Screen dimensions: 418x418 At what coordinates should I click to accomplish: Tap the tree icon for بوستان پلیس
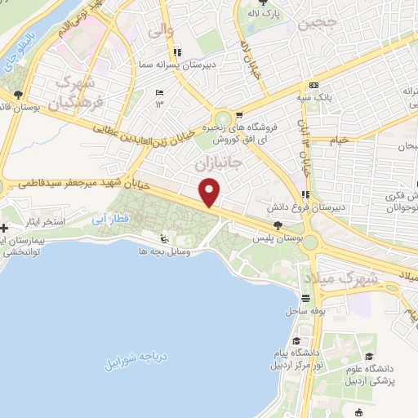278,224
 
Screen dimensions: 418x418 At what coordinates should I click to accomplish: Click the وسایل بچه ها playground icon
164,238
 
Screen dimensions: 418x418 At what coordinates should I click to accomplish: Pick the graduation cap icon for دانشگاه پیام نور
297,340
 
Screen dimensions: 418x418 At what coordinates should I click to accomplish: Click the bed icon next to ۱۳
158,92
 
